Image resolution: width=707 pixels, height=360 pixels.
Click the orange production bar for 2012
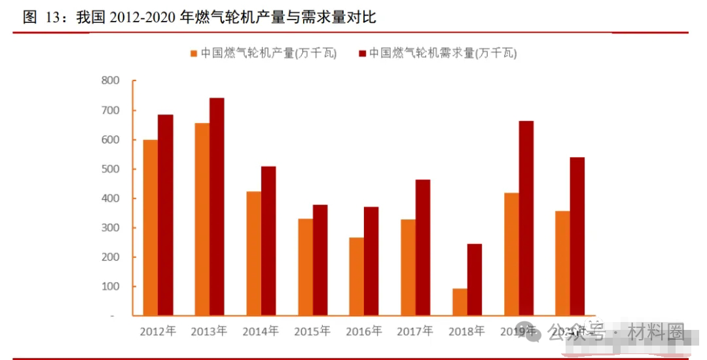151,227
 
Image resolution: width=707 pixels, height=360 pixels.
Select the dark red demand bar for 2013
217,206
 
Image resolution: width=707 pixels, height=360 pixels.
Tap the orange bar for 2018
460,302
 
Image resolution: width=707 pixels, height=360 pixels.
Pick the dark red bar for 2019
526,218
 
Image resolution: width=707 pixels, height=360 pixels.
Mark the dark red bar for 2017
423,247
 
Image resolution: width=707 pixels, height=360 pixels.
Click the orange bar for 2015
306,266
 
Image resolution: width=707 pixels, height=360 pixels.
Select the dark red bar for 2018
475,279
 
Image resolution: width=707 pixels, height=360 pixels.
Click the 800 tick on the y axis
111,81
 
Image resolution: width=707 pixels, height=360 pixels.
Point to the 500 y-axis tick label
111,169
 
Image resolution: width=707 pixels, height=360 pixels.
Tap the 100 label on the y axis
111,286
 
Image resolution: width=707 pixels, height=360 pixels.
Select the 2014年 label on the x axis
261,331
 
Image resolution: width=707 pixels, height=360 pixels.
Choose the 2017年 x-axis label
415,331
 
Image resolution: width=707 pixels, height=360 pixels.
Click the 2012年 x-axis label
158,331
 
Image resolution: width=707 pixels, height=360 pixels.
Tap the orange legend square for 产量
194,54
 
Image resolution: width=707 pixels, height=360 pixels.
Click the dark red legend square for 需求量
362,54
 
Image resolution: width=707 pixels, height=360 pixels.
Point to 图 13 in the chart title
41,18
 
